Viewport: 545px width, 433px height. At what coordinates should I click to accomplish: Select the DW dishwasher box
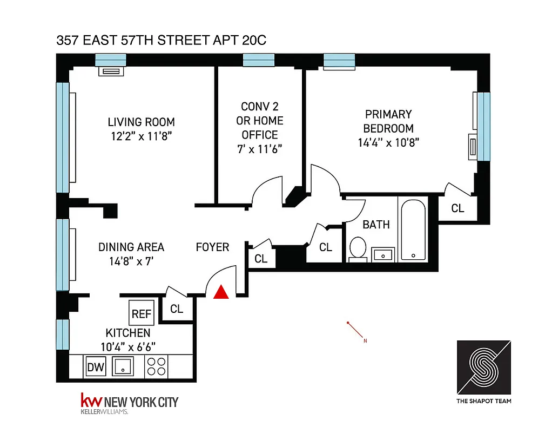point(96,368)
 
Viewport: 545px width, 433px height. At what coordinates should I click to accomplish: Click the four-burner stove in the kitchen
point(157,367)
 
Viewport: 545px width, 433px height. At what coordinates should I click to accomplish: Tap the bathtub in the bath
point(413,229)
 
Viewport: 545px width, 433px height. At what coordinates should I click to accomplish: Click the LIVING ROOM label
point(141,122)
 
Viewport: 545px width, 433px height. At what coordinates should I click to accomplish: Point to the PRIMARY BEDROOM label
point(388,121)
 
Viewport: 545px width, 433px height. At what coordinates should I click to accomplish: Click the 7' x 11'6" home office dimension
point(260,149)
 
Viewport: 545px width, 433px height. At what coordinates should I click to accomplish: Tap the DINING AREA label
point(131,247)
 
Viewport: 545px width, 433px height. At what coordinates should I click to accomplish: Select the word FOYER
point(212,247)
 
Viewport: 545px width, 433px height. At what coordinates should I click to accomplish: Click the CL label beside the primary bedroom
point(457,208)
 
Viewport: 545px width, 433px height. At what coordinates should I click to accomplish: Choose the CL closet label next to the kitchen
point(177,309)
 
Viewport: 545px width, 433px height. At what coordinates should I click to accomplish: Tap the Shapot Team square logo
point(484,368)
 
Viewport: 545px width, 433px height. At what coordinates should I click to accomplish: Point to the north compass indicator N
point(365,341)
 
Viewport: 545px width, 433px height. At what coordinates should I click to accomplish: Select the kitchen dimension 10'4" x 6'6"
point(128,346)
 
